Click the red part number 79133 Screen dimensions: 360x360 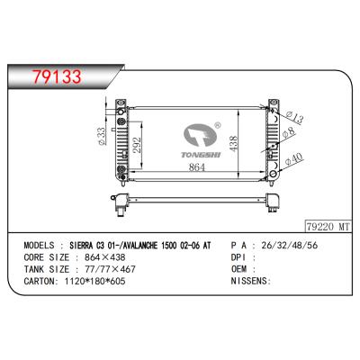pyautogui.click(x=57, y=76)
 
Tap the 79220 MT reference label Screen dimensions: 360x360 pyautogui.click(x=328, y=227)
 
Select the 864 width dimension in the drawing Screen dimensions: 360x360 pyautogui.click(x=196, y=167)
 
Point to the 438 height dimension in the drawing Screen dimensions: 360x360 pyautogui.click(x=233, y=144)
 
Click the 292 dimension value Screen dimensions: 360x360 pyautogui.click(x=137, y=145)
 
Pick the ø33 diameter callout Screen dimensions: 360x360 pyautogui.click(x=102, y=137)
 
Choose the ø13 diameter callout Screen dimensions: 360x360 pyautogui.click(x=294, y=117)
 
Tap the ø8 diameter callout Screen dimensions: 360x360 pyautogui.click(x=289, y=132)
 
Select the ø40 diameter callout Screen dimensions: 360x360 pyautogui.click(x=294, y=159)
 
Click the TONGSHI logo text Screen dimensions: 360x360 pyautogui.click(x=201, y=155)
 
